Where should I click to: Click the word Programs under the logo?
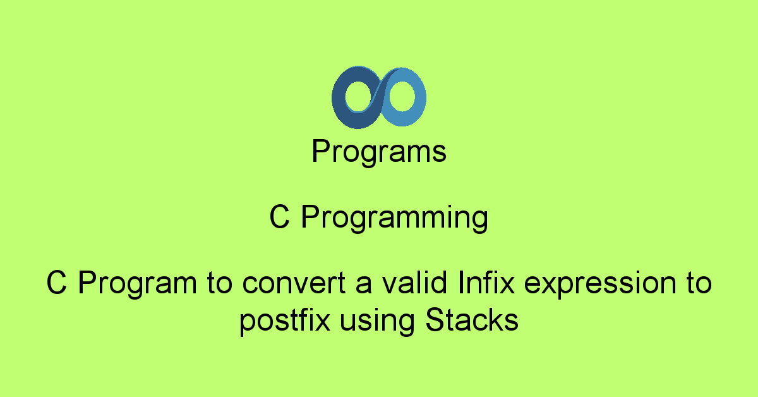click(379, 152)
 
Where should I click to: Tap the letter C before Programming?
click(279, 218)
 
